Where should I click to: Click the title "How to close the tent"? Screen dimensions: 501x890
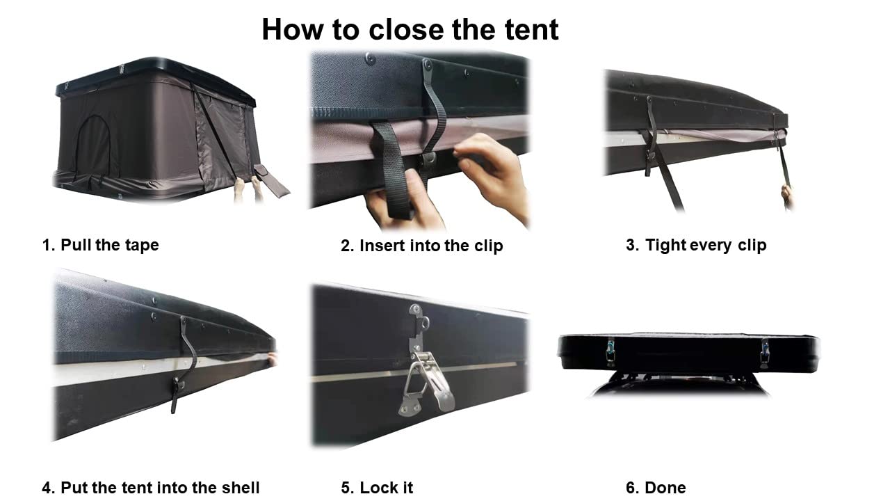click(410, 29)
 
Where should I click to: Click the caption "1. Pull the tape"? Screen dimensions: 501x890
click(101, 245)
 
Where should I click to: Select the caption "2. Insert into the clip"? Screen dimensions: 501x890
click(421, 246)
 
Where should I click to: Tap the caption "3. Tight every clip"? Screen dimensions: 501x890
click(695, 245)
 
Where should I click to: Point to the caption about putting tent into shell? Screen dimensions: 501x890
click(151, 487)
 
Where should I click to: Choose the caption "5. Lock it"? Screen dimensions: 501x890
click(377, 487)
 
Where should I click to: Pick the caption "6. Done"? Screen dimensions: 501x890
click(656, 487)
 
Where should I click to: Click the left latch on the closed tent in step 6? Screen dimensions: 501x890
click(610, 351)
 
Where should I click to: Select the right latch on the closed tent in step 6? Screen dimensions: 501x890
click(764, 352)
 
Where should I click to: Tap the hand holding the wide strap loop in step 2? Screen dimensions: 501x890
click(400, 205)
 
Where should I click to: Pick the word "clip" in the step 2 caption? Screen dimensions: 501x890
click(487, 246)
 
